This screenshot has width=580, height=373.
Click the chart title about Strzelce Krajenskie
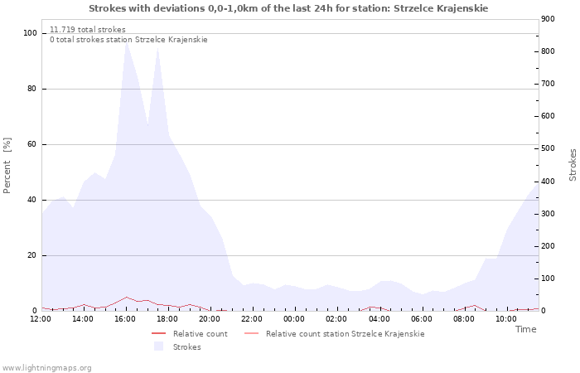(288, 8)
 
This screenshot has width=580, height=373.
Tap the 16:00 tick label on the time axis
(125, 319)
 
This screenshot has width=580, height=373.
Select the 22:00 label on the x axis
(252, 319)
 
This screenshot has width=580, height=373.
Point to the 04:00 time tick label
(379, 319)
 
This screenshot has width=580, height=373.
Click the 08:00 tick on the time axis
(463, 319)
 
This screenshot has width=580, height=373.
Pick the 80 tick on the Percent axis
(31, 89)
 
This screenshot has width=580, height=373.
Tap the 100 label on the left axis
(30, 33)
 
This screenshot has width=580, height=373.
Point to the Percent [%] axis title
(7, 166)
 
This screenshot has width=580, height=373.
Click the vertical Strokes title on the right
(573, 164)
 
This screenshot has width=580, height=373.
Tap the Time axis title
(525, 329)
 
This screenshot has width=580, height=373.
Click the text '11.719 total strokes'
(88, 30)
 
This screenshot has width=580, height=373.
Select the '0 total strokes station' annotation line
(128, 40)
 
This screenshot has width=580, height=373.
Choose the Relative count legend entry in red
(200, 334)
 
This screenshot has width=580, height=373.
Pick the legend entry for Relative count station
(345, 334)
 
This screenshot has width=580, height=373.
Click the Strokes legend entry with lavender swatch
(186, 347)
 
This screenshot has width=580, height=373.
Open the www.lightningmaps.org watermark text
(47, 368)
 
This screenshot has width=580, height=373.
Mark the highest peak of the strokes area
(127, 41)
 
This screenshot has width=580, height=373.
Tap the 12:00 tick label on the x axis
(41, 319)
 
